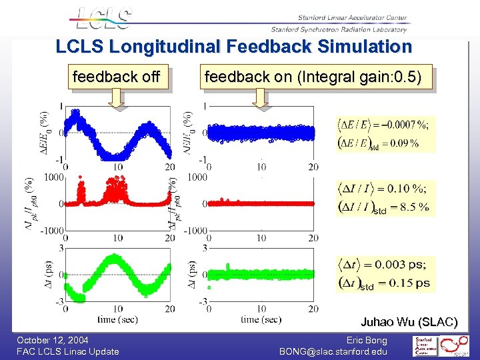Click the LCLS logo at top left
pos(103,19)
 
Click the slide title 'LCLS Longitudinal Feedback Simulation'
pos(234,47)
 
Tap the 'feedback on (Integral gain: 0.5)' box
pos(313,77)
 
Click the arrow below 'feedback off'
pos(116,99)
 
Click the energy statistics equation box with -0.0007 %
pos(385,133)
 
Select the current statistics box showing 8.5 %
pos(385,197)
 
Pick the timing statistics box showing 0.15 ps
pos(385,274)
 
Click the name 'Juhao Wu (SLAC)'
pos(409,323)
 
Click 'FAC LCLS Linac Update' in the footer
pos(68,351)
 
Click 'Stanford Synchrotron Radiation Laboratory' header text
pos(339,29)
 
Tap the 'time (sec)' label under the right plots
pos(260,319)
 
